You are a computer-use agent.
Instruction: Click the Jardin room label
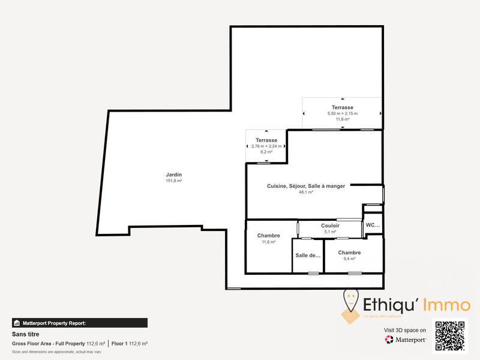coord(174,175)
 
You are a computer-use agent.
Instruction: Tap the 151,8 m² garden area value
coord(174,181)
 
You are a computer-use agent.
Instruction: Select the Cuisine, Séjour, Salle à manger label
coord(306,186)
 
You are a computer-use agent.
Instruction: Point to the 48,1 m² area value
coord(306,193)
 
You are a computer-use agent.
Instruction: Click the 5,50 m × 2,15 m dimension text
coord(342,113)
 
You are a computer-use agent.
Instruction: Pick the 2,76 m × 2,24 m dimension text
coord(266,146)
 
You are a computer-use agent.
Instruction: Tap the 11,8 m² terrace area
coord(342,119)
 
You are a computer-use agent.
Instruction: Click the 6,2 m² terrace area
coord(266,152)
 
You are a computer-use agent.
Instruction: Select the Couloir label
coord(330,226)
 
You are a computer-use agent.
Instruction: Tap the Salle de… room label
coord(308,255)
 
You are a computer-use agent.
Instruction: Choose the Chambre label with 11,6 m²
coord(268,235)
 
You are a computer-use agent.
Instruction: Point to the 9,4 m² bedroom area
coord(349,259)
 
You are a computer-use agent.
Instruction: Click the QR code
coord(449,337)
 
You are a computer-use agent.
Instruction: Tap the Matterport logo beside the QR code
coord(406,340)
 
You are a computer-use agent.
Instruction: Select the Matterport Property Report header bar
coord(79,323)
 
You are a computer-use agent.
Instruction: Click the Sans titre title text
coord(26,334)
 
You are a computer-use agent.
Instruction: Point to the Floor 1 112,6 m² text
coord(130,344)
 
